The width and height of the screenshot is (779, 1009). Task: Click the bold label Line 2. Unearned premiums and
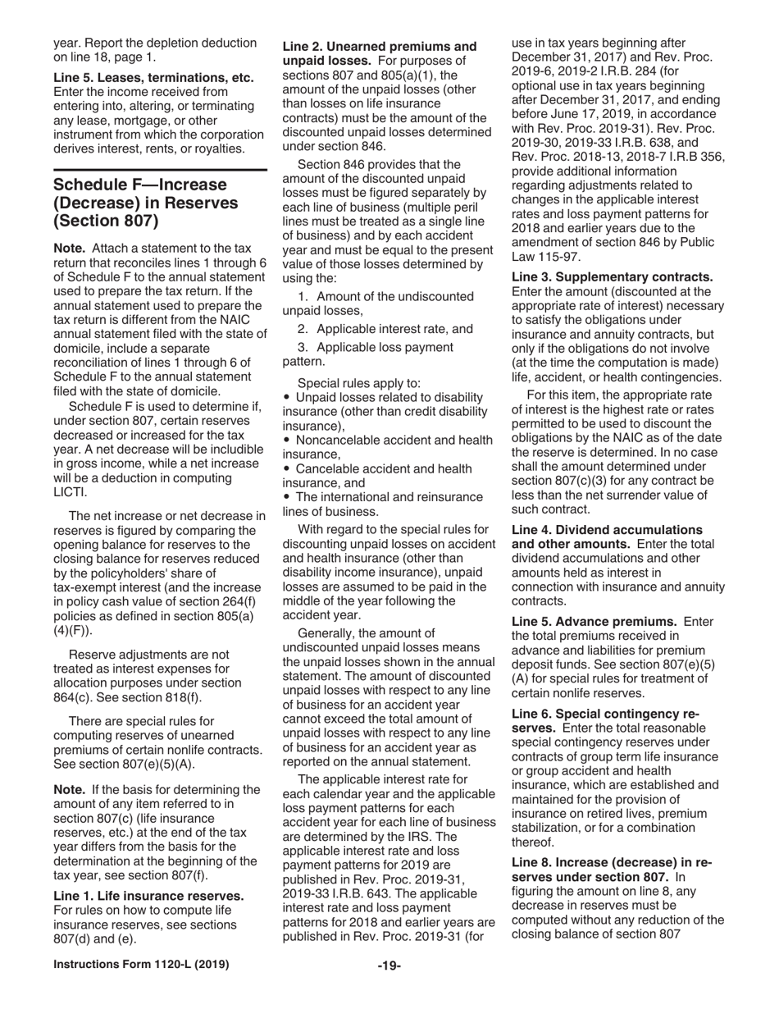click(x=379, y=47)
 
